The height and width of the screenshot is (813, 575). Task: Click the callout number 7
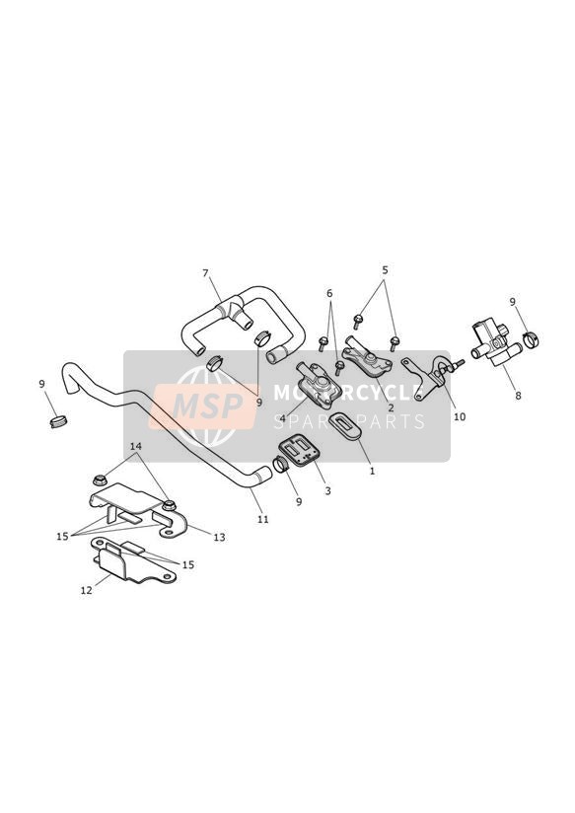[205, 272]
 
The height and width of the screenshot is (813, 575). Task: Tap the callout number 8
[518, 396]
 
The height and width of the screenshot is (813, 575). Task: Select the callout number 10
[460, 416]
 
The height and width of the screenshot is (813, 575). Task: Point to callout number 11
[263, 519]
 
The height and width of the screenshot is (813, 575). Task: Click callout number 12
[87, 590]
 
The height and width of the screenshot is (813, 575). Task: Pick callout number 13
[219, 537]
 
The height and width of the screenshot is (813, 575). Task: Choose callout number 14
[136, 446]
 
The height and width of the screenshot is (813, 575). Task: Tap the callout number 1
[372, 472]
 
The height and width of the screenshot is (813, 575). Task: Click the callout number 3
[327, 490]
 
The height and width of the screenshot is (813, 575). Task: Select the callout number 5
[385, 270]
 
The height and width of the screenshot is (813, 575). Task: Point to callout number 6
[329, 293]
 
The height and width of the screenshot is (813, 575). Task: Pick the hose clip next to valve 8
[531, 339]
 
